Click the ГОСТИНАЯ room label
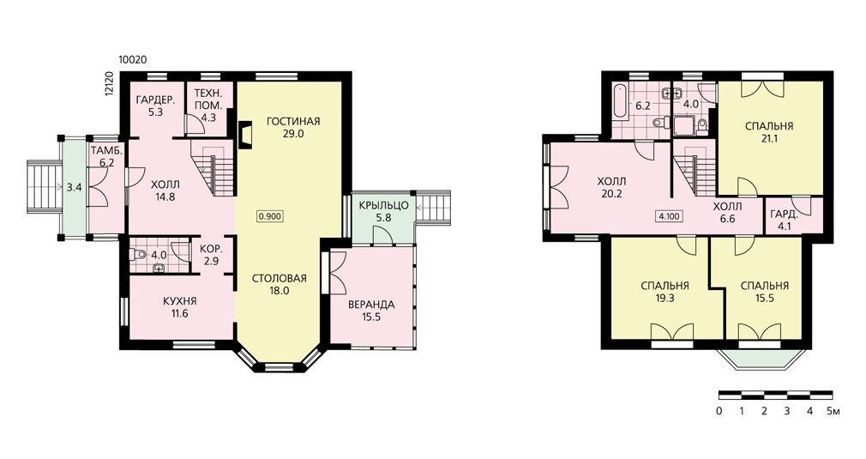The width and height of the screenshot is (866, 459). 292,122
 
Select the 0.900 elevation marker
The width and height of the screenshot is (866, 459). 271,216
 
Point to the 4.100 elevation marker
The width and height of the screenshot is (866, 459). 669,216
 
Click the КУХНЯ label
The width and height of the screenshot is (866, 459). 179,301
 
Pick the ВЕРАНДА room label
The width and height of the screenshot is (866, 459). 371,305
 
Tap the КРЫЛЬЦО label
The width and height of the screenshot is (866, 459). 383,205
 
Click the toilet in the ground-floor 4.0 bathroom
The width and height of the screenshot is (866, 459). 138,255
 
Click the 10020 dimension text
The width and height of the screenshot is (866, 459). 133,60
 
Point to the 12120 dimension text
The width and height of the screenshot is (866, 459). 108,84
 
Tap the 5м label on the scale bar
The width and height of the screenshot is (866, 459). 833,411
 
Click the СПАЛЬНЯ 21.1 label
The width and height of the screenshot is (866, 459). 769,132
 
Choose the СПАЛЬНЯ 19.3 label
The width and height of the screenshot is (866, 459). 665,292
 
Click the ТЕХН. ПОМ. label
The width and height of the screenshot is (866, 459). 208,99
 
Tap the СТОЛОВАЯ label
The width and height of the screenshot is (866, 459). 279,278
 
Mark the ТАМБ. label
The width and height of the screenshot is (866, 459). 106,150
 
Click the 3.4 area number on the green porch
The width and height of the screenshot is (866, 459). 74,187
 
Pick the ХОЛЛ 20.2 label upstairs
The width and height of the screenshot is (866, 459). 612,187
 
